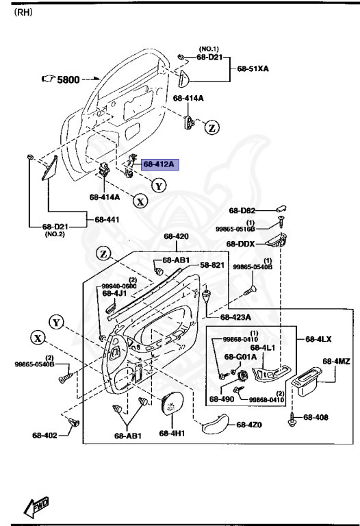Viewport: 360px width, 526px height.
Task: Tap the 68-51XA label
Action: pyautogui.click(x=253, y=69)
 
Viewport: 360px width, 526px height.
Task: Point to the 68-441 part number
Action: pyautogui.click(x=107, y=220)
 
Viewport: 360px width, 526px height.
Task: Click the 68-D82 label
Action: pyautogui.click(x=242, y=211)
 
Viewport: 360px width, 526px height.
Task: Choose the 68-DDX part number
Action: pyautogui.click(x=241, y=244)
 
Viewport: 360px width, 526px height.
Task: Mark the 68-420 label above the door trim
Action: pyautogui.click(x=176, y=237)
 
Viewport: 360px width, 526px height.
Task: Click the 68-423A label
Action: pyautogui.click(x=235, y=317)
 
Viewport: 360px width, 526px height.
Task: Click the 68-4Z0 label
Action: pyautogui.click(x=250, y=425)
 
